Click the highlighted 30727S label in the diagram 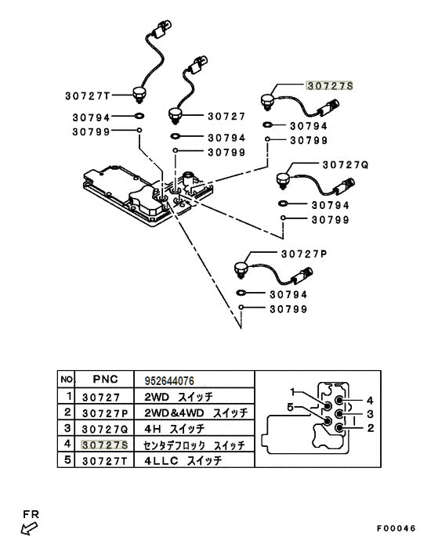pos(330,86)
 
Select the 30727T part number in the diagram pos(88,95)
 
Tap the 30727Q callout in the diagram pos(346,165)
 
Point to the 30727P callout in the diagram pos(304,254)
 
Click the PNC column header pos(105,379)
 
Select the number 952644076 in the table pos(169,381)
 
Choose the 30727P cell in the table pos(105,413)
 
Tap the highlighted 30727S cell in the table pos(104,445)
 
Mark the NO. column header pos(67,380)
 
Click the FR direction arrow pos(29,528)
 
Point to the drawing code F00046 pos(396,528)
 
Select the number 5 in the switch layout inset pos(290,408)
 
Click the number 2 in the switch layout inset pos(371,428)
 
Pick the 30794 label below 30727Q pos(331,205)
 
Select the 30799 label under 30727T pos(91,132)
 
